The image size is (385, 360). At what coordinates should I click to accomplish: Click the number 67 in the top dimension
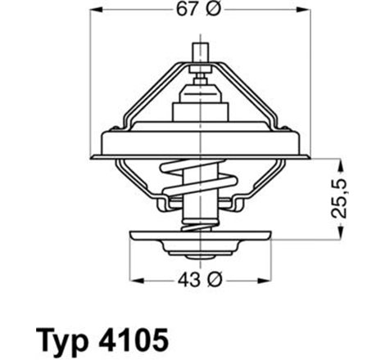[x=185, y=11]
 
